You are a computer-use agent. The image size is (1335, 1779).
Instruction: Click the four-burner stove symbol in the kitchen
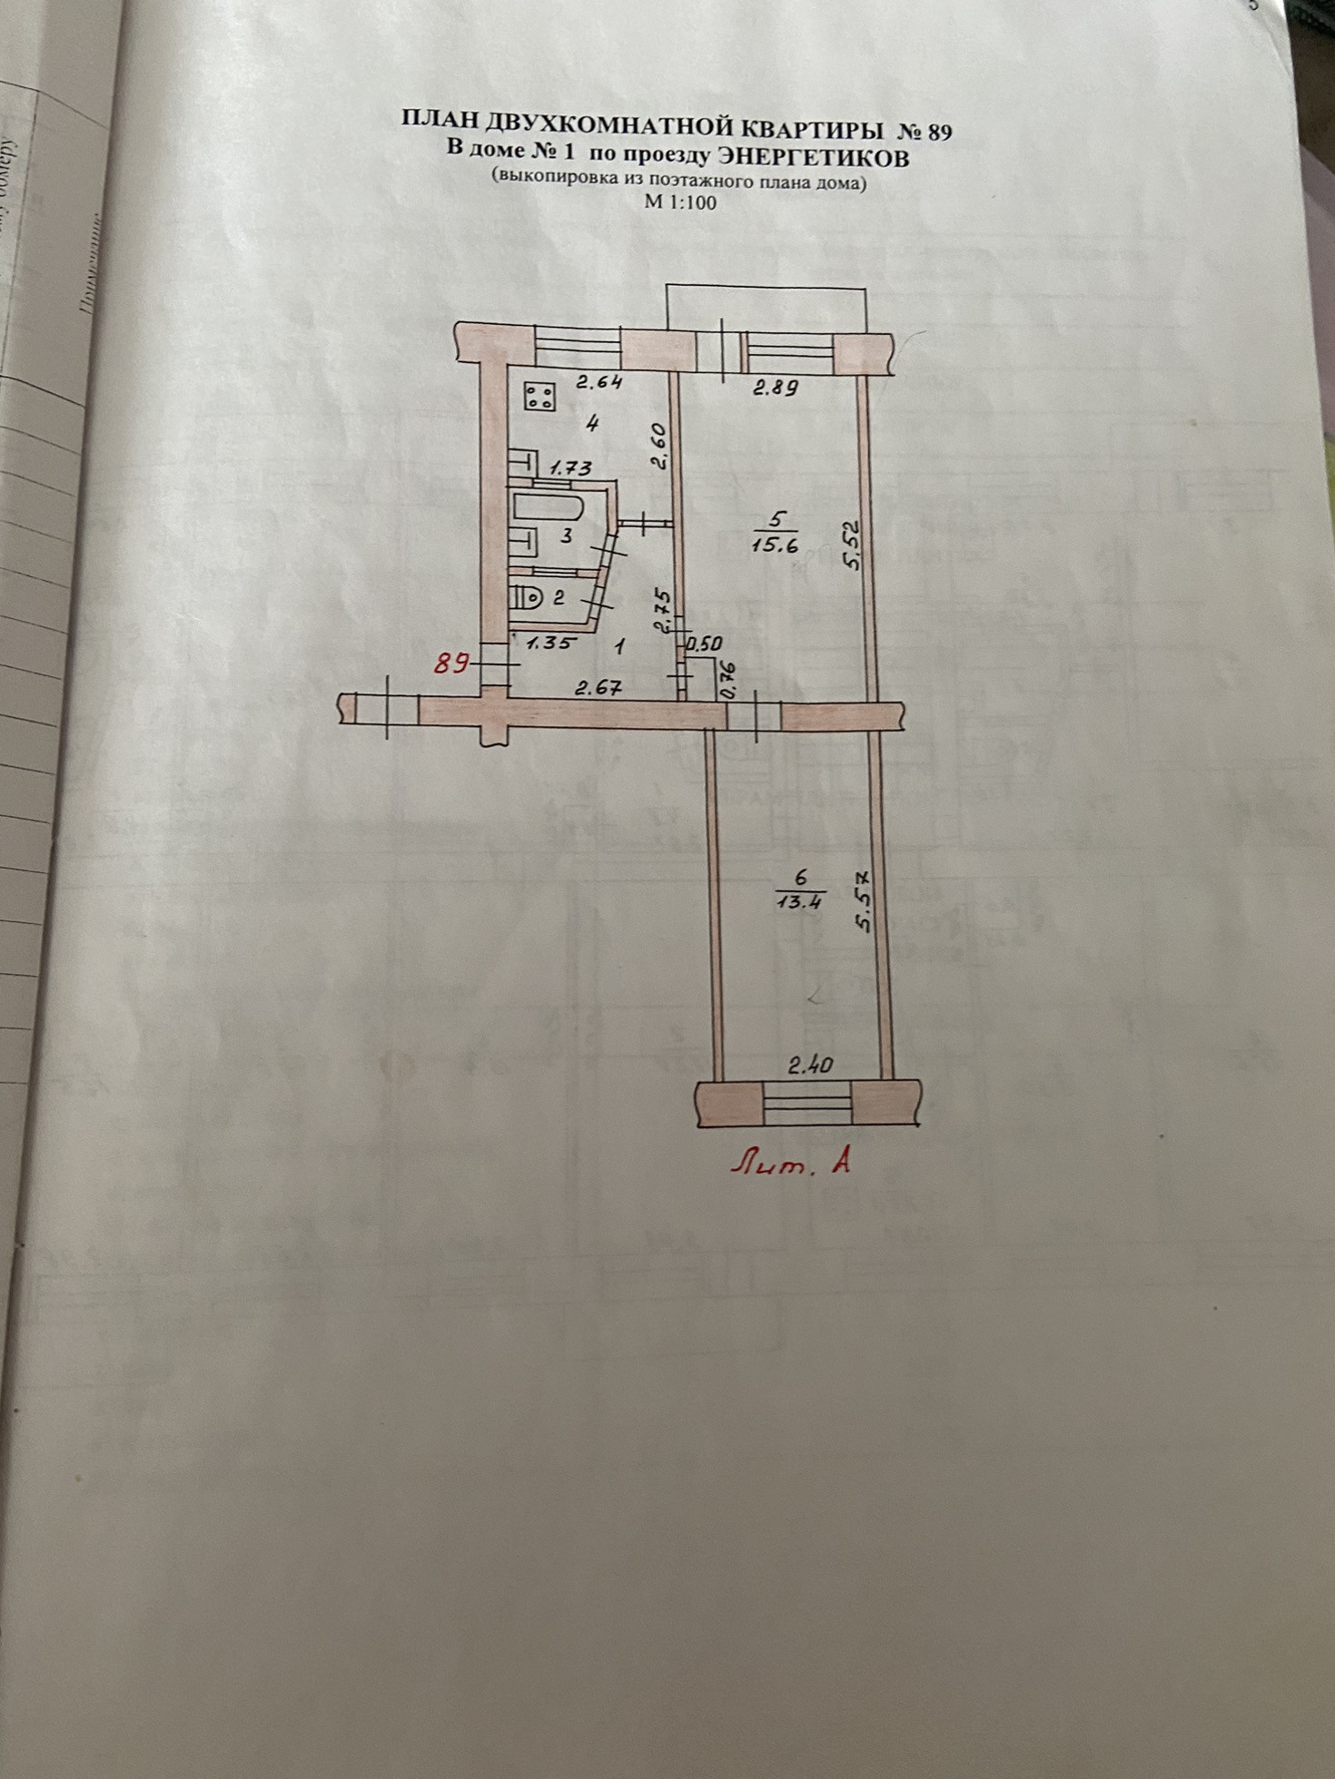540,396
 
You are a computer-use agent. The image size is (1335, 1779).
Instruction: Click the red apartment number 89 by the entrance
450,663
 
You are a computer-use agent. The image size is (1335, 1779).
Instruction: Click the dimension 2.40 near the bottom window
810,1066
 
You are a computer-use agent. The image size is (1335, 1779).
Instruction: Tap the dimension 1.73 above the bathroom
570,468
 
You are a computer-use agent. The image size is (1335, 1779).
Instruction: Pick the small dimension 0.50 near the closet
706,644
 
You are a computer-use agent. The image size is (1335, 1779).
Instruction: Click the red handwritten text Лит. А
793,1163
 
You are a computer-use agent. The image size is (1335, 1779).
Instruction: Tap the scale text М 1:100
680,202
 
